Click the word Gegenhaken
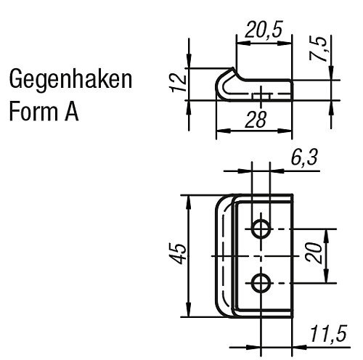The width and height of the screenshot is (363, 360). click(x=70, y=81)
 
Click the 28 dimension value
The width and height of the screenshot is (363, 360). click(x=253, y=120)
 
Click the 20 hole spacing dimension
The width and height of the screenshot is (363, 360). click(x=314, y=255)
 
